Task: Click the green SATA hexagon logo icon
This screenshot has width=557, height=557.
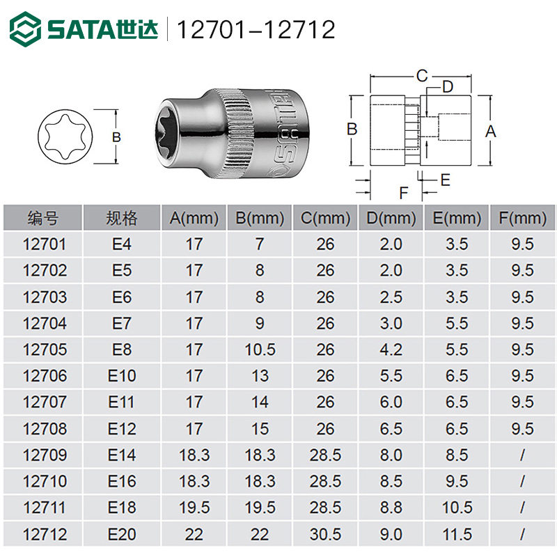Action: coord(25,29)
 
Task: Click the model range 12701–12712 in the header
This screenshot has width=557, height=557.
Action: coord(256,29)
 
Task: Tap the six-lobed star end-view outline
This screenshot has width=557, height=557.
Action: coord(65,136)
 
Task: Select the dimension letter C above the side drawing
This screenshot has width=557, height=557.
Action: coord(422,76)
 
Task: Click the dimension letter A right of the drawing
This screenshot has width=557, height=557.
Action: coord(491,132)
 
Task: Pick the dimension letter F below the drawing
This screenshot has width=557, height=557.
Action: coord(404,194)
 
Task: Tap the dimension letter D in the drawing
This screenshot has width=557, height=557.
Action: coord(448,86)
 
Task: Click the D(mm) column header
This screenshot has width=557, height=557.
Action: coord(391,218)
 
